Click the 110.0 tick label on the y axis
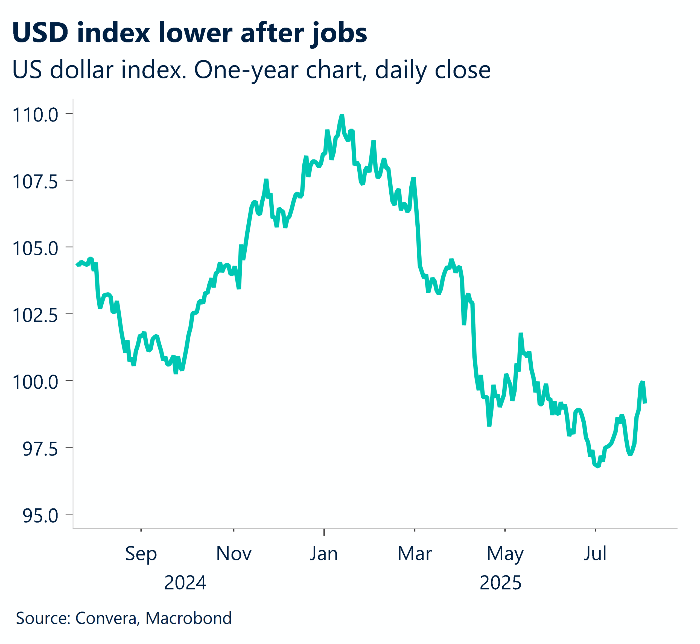tap(35, 115)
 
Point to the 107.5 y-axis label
tap(35, 182)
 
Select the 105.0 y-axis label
tap(35, 249)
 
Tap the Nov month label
tap(234, 553)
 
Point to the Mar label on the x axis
tap(415, 553)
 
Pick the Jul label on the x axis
tap(595, 553)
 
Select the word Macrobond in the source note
tap(188, 618)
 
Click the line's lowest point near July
tap(598, 466)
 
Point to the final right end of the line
tap(645, 403)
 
